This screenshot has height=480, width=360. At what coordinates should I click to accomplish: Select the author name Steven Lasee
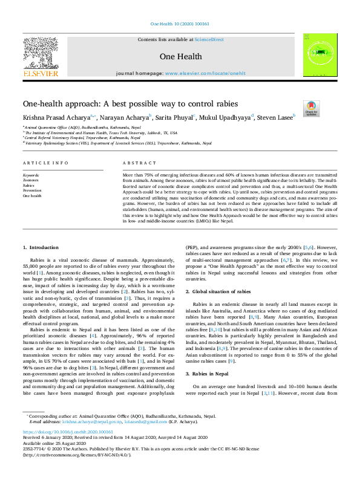coord(275,117)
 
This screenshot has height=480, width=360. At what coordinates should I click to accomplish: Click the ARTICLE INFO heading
coord(45,164)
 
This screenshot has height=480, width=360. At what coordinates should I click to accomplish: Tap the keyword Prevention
coord(32,190)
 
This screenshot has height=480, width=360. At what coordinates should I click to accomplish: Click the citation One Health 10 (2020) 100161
coord(179,24)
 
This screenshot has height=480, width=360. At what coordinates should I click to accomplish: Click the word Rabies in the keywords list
coord(28,185)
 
